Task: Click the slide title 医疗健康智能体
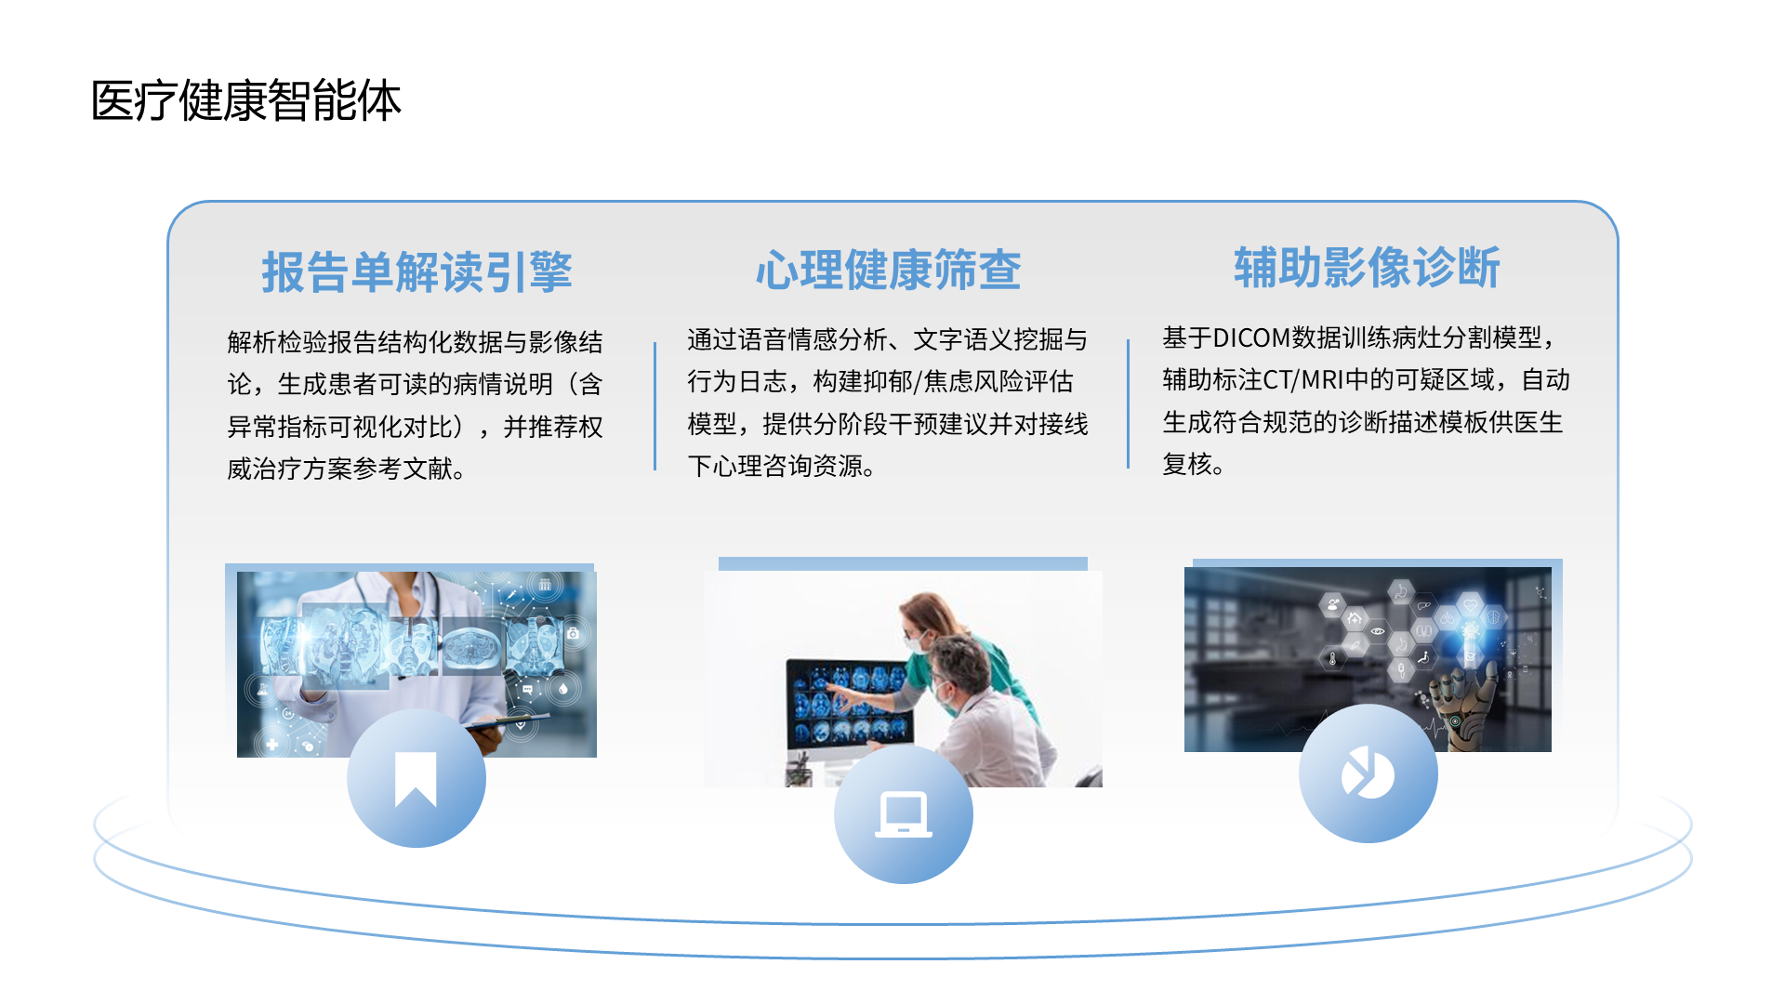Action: point(246,100)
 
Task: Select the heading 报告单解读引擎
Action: point(416,272)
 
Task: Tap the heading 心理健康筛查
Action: point(888,271)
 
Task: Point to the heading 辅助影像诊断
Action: point(1367,268)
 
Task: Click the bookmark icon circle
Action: point(416,778)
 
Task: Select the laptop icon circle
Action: point(903,814)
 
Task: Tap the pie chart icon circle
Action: point(1368,773)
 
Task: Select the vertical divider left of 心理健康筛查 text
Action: point(655,406)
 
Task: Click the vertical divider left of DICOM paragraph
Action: point(1128,403)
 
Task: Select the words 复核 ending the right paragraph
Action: point(1187,464)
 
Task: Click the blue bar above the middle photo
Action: point(903,563)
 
